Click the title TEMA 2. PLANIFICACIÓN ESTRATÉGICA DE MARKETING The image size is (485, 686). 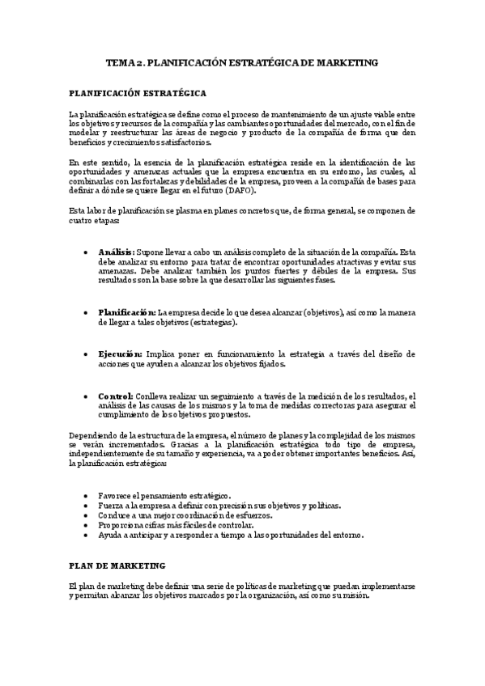coord(242,63)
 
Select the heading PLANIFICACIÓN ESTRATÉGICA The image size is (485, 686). coord(138,93)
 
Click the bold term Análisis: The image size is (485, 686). coord(116,252)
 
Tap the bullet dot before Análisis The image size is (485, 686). coord(87,252)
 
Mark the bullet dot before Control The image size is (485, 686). coord(87,396)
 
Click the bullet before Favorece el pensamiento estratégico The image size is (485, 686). coord(87,494)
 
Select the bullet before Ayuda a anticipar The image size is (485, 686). coord(87,535)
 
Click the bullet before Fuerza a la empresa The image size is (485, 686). coord(87,505)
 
